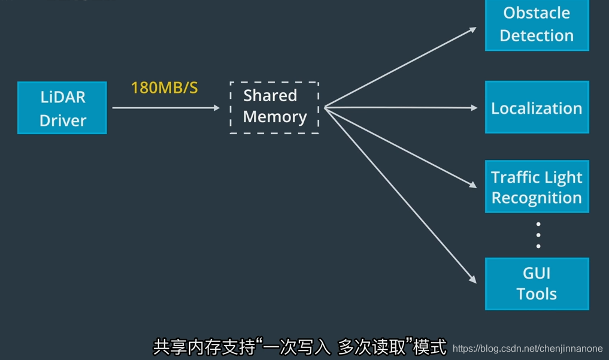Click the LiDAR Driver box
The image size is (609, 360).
click(62, 108)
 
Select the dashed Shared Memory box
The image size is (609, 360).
click(274, 108)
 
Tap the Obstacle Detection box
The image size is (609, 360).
click(537, 25)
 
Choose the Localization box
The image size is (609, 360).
click(537, 108)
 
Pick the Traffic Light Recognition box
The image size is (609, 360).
click(537, 187)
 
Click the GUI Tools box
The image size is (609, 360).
click(537, 283)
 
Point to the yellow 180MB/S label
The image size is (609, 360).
click(164, 88)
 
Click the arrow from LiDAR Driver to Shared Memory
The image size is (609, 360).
click(166, 108)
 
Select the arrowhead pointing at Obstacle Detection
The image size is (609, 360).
click(473, 29)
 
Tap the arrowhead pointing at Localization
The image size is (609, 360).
click(474, 108)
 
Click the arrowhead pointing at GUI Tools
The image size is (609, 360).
click(472, 279)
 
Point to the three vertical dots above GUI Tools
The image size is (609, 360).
click(538, 235)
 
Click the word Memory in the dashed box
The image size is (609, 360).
click(275, 117)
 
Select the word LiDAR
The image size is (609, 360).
click(63, 97)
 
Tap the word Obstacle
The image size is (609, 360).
click(537, 13)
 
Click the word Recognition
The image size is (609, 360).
click(537, 198)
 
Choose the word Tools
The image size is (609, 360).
click(537, 294)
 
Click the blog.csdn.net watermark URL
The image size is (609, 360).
click(528, 349)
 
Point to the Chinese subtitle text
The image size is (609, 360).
click(299, 347)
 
